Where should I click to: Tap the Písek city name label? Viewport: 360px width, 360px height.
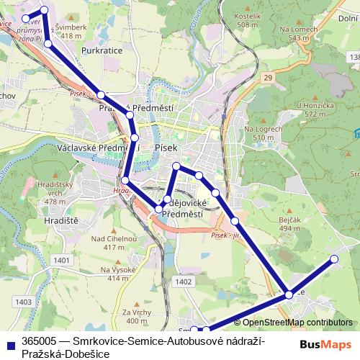(166, 148)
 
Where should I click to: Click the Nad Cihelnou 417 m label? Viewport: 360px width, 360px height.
(109, 243)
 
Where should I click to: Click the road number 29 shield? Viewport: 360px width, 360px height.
(268, 76)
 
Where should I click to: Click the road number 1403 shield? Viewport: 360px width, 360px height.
(24, 302)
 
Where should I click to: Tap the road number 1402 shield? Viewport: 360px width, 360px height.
(183, 282)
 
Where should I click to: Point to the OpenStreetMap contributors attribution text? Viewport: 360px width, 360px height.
(293, 322)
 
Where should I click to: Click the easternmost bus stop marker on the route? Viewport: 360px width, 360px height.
(333, 258)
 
